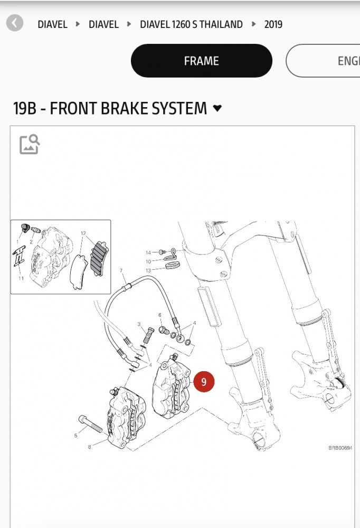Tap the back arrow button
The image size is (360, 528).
click(15, 23)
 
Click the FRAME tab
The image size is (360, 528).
click(201, 61)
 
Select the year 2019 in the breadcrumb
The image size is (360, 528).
click(273, 24)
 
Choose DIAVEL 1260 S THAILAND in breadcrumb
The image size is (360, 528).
click(191, 24)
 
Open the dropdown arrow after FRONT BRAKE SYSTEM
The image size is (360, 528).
click(217, 109)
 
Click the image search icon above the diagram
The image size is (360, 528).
click(30, 144)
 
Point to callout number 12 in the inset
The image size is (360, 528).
click(83, 233)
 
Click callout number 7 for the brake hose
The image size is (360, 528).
click(121, 271)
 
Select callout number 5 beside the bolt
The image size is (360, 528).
click(76, 436)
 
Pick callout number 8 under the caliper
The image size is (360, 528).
click(90, 447)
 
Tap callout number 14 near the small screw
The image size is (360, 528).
click(148, 252)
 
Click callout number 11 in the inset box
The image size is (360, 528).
click(21, 278)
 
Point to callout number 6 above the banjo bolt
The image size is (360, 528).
click(160, 315)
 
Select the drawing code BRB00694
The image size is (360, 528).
click(340, 448)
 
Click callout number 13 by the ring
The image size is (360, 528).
click(148, 270)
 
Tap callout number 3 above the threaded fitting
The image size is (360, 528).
click(139, 324)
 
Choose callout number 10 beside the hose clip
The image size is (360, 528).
click(148, 261)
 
